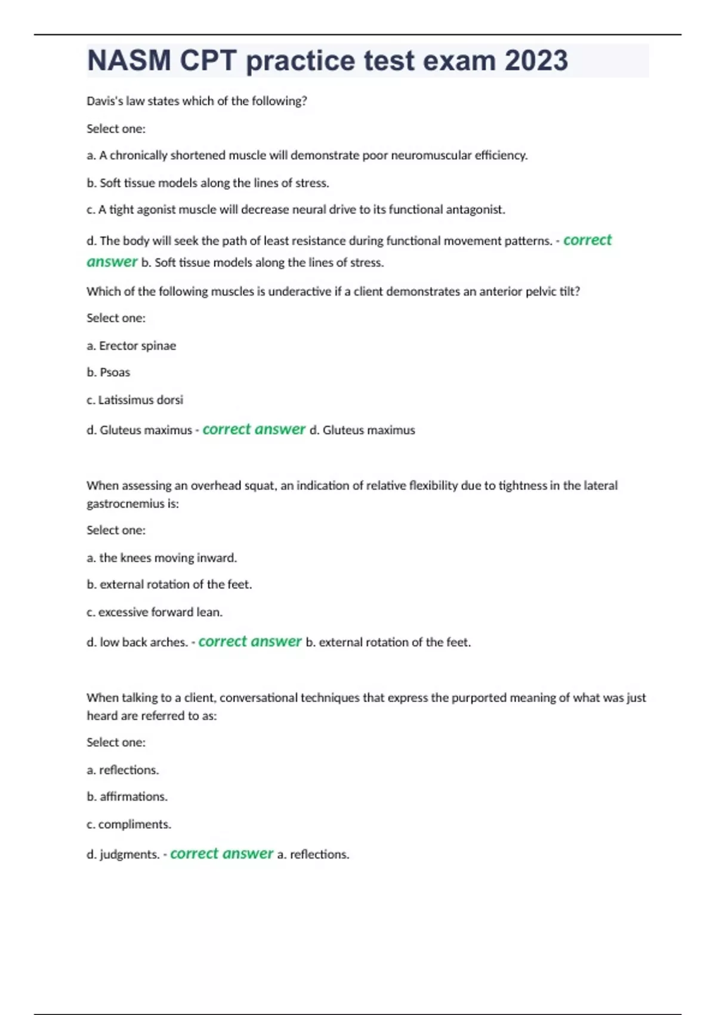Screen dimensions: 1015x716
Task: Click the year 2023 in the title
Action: pos(536,60)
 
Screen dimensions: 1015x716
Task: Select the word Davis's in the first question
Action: pos(104,101)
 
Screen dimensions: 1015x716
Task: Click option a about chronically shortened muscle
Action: pos(307,155)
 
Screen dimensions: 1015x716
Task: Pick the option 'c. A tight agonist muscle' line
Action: pos(295,210)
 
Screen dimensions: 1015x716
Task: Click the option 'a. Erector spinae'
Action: pos(131,346)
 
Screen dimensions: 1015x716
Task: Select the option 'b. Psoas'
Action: pos(108,372)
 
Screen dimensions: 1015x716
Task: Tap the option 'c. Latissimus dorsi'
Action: pos(135,399)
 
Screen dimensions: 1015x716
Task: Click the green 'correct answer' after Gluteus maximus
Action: pos(254,429)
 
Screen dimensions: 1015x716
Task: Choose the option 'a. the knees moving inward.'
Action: pos(162,558)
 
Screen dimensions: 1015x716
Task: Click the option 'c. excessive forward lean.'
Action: pos(154,612)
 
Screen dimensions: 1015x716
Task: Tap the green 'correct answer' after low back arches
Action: pos(249,641)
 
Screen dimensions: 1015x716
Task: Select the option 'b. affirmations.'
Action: pos(127,796)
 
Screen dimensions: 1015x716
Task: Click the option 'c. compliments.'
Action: pos(129,824)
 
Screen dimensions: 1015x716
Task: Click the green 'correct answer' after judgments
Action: pos(221,854)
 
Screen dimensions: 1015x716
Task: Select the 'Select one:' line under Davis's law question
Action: pos(116,128)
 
